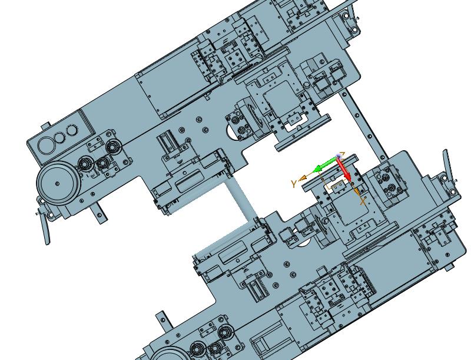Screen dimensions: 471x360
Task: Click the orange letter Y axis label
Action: click(294, 184)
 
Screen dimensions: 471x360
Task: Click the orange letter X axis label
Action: click(363, 202)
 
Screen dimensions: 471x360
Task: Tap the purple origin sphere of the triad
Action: click(339, 157)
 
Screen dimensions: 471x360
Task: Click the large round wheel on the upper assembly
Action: click(57, 184)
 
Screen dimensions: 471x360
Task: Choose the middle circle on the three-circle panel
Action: click(59, 138)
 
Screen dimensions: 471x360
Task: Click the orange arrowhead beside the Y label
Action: click(303, 177)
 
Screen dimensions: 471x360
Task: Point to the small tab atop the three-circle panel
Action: click(46, 126)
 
